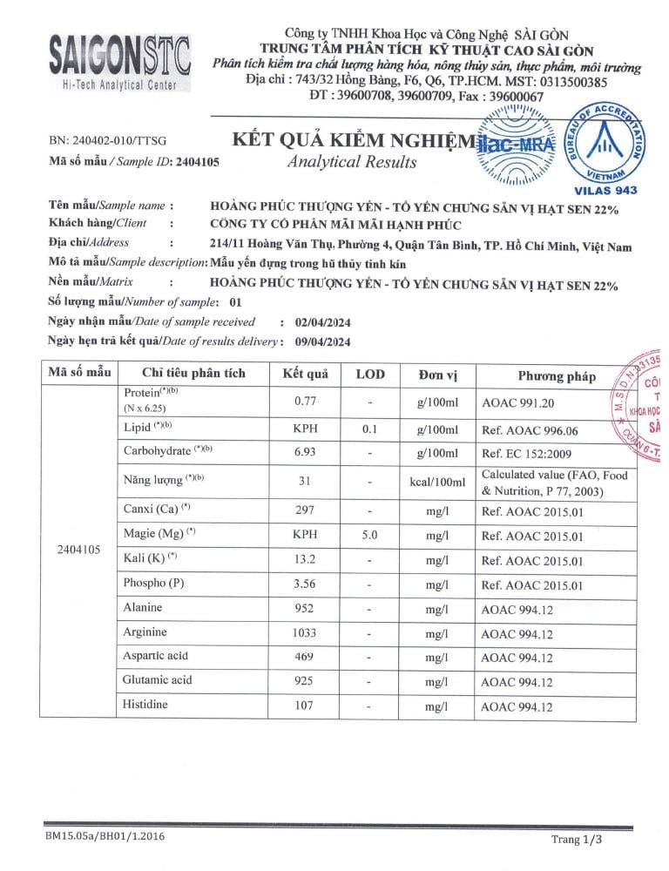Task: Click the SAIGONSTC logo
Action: pyautogui.click(x=120, y=58)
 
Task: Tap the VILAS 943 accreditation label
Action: pyautogui.click(x=606, y=190)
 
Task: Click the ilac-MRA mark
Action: pyautogui.click(x=517, y=145)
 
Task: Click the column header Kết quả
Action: pyautogui.click(x=304, y=375)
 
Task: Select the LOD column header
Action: pyautogui.click(x=370, y=375)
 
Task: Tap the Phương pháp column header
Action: pyautogui.click(x=557, y=376)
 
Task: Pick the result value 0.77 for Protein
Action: pyautogui.click(x=304, y=402)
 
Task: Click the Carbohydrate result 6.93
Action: pyautogui.click(x=304, y=455)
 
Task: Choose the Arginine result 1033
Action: pyautogui.click(x=304, y=634)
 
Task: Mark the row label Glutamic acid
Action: pyautogui.click(x=158, y=680)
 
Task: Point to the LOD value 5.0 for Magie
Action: pyautogui.click(x=370, y=537)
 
